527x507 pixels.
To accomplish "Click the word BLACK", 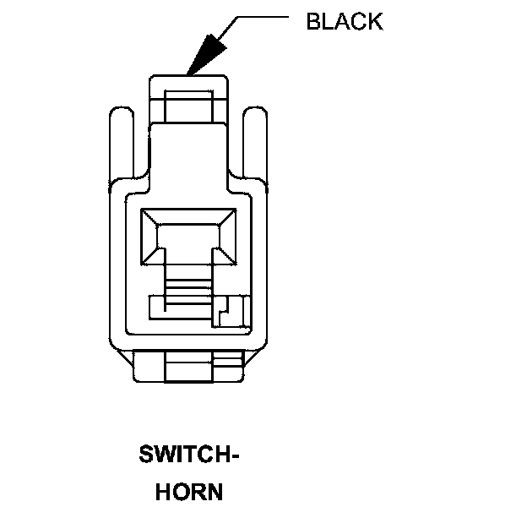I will click(344, 21).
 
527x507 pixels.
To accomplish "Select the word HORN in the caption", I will click(189, 492).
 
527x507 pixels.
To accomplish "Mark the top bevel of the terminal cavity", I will click(187, 216).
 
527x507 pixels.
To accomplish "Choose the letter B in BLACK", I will click(313, 21).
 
